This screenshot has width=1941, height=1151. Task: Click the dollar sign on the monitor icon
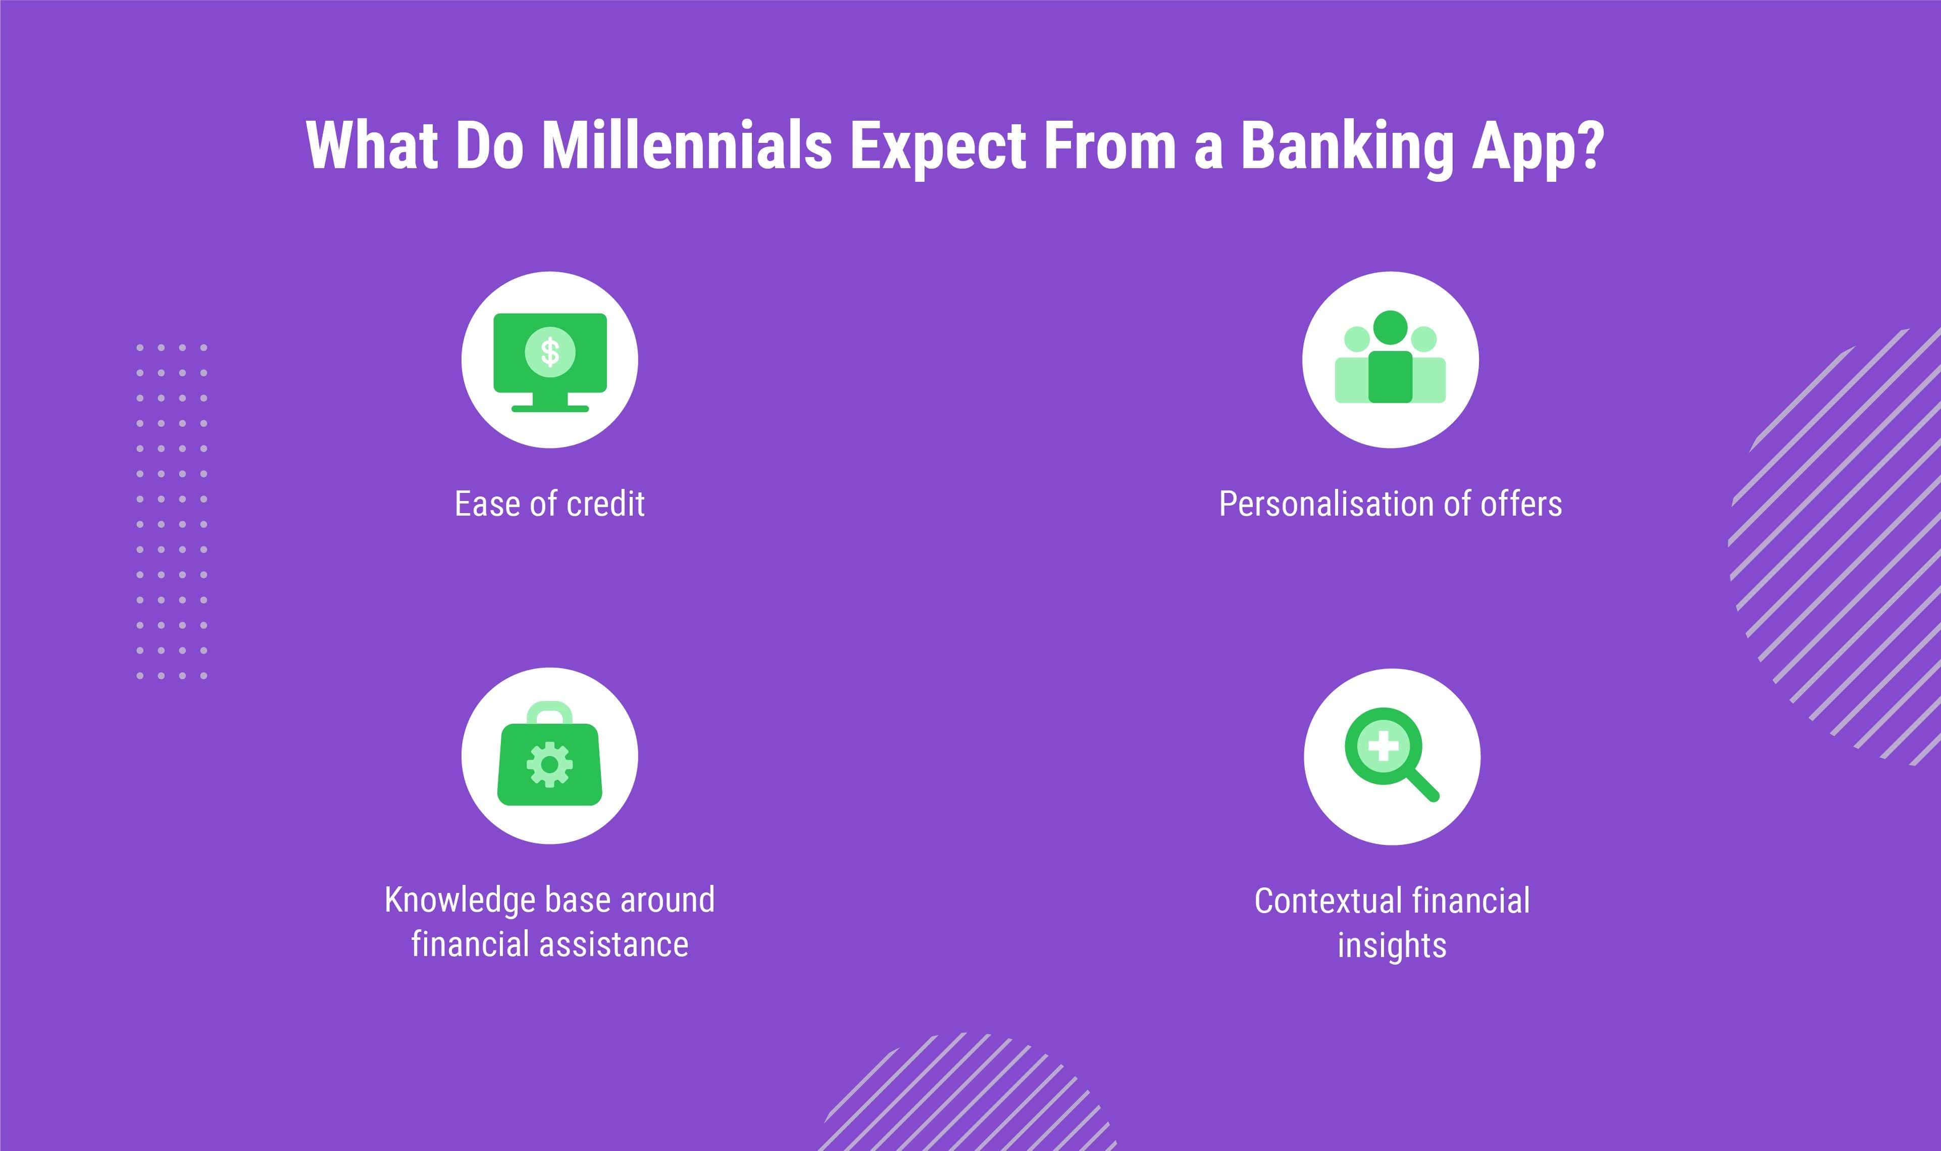[x=550, y=352]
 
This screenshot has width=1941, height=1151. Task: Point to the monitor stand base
[x=550, y=408]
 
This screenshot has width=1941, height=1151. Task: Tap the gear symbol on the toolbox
[x=550, y=764]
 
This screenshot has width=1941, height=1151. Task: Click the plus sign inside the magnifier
[x=1384, y=747]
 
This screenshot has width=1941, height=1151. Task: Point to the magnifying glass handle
[x=1422, y=784]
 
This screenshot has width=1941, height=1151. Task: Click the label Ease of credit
[x=550, y=504]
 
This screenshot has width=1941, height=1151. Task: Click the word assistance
[x=614, y=944]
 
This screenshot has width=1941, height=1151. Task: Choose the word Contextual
[x=1329, y=901]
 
